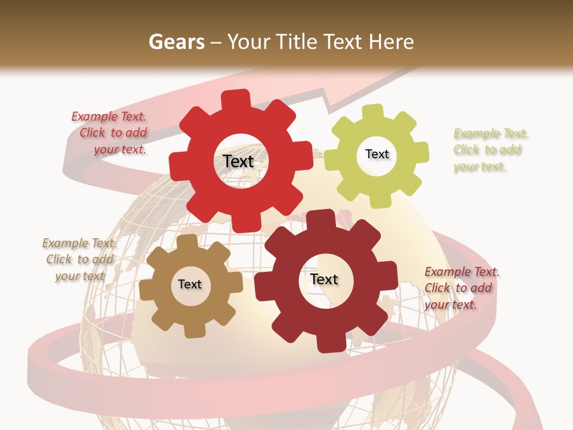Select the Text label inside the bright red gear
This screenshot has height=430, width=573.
[238, 161]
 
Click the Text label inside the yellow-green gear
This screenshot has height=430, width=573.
[377, 154]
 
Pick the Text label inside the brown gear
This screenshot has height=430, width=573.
[190, 284]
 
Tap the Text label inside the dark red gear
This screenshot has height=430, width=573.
[324, 279]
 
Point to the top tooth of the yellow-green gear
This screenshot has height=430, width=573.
[372, 112]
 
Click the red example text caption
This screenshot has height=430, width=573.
[111, 133]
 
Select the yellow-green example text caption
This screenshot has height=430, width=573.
[490, 149]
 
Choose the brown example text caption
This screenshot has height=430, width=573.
[79, 259]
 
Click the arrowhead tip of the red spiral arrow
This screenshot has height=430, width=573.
[418, 67]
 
